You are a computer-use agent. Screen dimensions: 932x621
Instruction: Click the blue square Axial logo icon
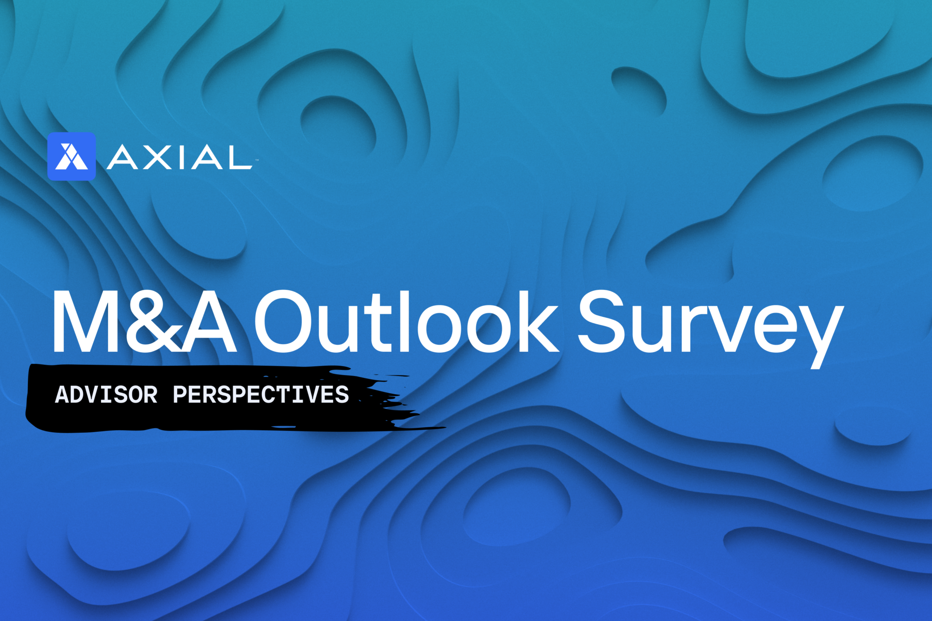pyautogui.click(x=71, y=156)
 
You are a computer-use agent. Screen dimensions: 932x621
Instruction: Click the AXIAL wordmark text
pyautogui.click(x=179, y=157)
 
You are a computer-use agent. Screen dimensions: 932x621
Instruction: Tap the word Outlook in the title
pyautogui.click(x=405, y=321)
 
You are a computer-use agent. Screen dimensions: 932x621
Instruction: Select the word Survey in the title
pyautogui.click(x=711, y=328)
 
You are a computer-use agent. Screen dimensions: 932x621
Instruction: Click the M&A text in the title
pyautogui.click(x=145, y=321)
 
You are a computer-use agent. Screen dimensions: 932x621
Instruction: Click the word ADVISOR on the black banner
pyautogui.click(x=106, y=395)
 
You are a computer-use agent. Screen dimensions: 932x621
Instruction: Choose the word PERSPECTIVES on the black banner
pyautogui.click(x=261, y=395)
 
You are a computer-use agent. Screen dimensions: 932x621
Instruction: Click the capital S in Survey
pyautogui.click(x=601, y=321)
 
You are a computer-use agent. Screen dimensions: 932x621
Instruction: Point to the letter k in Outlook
pyautogui.click(x=539, y=321)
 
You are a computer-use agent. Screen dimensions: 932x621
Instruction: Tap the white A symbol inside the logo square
pyautogui.click(x=71, y=157)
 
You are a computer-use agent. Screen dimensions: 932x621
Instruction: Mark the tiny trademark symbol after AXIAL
pyautogui.click(x=257, y=160)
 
